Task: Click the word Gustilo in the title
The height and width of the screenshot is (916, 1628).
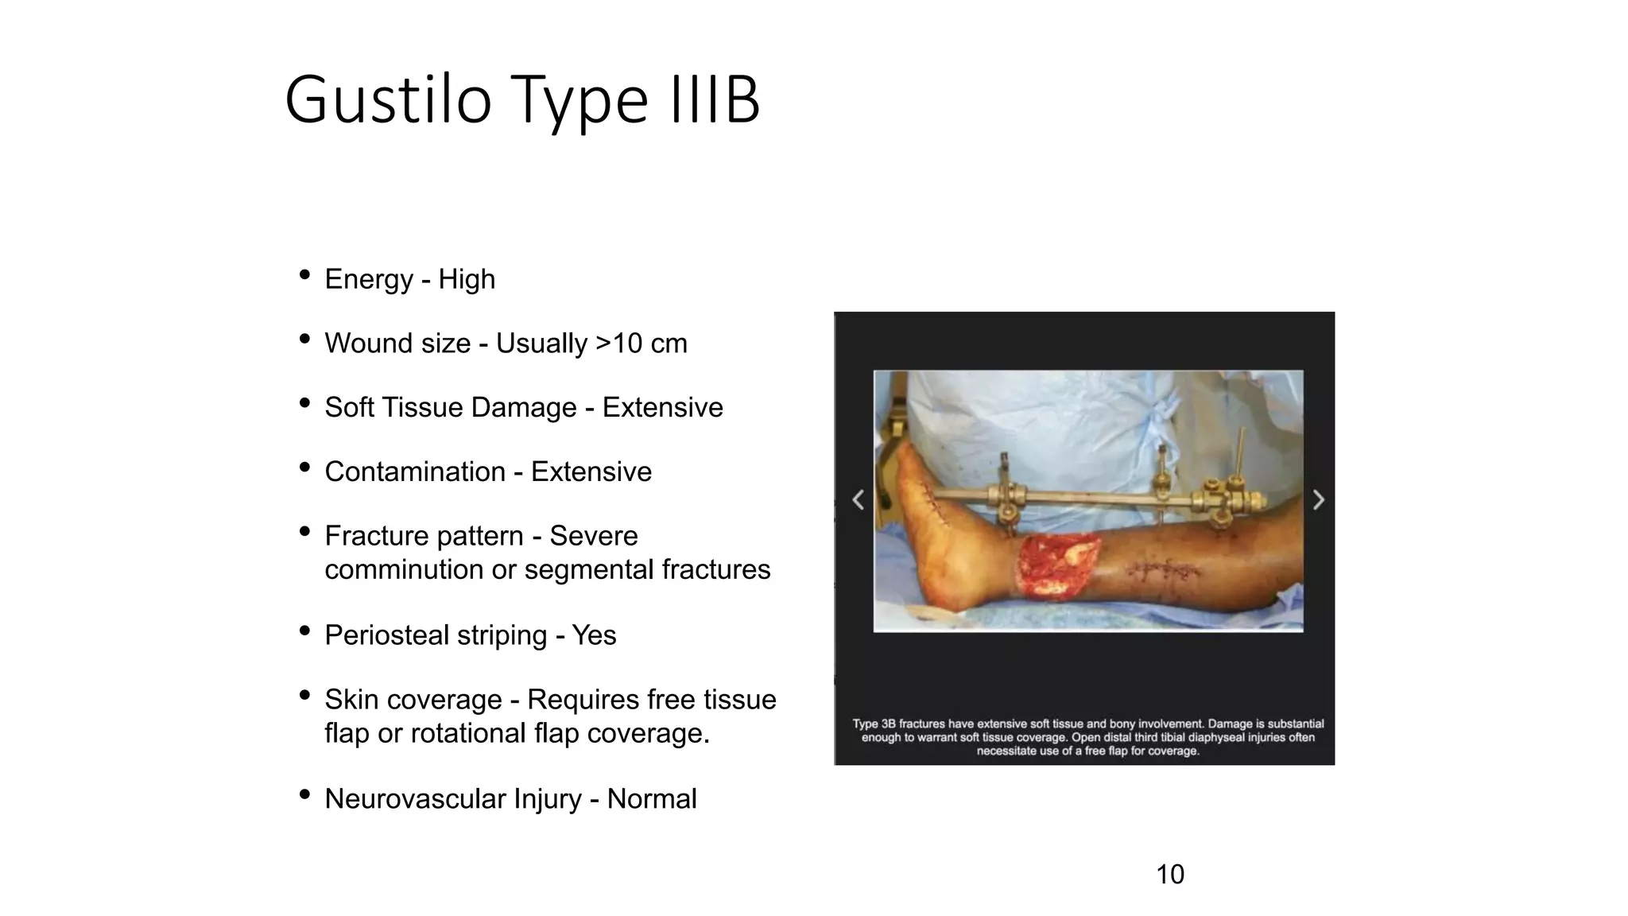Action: pos(388,101)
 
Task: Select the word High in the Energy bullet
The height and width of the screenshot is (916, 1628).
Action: pos(467,279)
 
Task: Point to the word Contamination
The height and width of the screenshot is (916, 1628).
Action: pos(415,472)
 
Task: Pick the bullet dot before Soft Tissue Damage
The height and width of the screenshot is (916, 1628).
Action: pos(304,403)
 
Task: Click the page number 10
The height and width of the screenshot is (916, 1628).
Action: pos(1169,875)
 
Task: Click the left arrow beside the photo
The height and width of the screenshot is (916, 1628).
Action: pos(858,500)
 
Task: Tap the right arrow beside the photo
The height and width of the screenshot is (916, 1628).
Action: pos(1319,500)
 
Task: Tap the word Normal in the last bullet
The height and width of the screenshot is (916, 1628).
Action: pos(652,798)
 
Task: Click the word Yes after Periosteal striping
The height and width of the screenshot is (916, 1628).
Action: pos(594,635)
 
